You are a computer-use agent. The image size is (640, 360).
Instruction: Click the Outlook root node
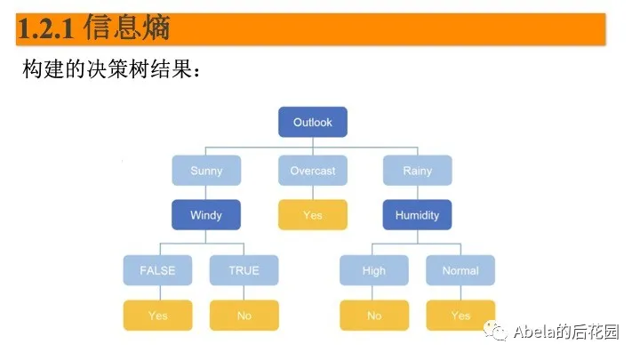click(x=312, y=122)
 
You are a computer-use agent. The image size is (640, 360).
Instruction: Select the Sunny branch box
click(x=206, y=170)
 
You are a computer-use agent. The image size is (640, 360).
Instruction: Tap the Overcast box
click(x=312, y=170)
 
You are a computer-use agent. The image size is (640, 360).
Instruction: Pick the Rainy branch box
click(x=418, y=170)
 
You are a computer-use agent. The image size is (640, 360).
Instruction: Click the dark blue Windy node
click(x=206, y=214)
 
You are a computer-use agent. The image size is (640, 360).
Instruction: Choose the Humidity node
click(x=418, y=214)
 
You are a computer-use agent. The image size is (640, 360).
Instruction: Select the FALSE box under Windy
click(x=156, y=270)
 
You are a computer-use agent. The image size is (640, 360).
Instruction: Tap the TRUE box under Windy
click(x=244, y=270)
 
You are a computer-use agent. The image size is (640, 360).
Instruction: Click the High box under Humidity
click(x=374, y=270)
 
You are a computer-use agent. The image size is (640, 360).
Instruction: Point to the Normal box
click(x=460, y=270)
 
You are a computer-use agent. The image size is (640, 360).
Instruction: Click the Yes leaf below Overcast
click(x=312, y=214)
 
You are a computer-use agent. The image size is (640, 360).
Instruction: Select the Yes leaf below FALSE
click(x=156, y=315)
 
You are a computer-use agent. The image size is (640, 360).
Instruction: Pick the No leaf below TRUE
click(x=244, y=315)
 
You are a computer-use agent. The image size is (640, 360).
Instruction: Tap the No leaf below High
click(x=374, y=315)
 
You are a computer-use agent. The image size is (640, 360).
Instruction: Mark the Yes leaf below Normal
click(x=460, y=315)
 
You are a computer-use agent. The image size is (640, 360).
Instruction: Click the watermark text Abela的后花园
click(x=566, y=332)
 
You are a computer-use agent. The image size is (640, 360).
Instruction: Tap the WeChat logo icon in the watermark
click(x=496, y=332)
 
